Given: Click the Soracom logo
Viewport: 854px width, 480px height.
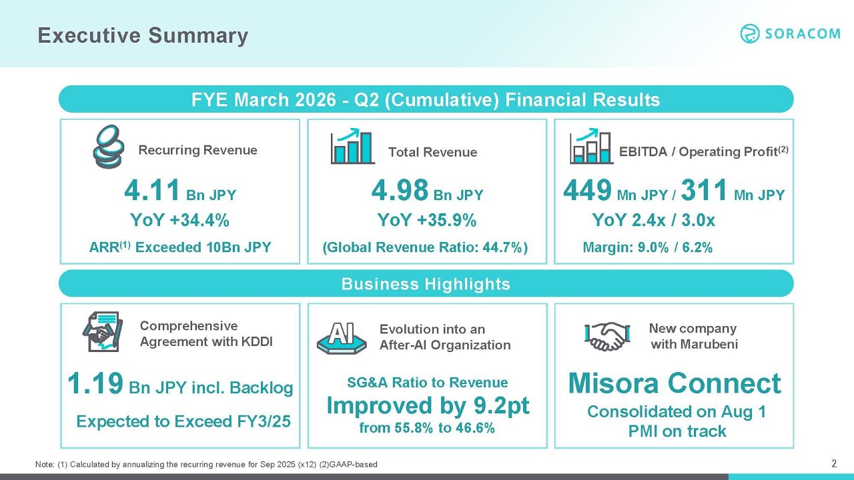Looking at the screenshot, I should (x=790, y=34).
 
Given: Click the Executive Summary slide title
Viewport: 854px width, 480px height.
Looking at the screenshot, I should (x=143, y=35).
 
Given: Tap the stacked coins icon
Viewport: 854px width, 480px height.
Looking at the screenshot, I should (x=107, y=148).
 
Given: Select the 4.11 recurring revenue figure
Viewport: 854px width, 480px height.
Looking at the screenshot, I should (x=152, y=191).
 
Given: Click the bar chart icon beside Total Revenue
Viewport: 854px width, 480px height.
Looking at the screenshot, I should (x=352, y=147).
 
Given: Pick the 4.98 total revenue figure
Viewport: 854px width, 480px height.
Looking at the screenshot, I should (x=399, y=191).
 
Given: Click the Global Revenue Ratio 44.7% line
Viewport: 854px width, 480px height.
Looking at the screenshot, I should (x=426, y=248).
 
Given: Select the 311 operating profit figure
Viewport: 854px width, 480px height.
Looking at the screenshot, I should (x=704, y=191).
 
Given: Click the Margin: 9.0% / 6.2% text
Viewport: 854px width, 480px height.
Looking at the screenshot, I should (x=648, y=248).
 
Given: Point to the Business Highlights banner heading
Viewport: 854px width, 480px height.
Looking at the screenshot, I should (x=426, y=284).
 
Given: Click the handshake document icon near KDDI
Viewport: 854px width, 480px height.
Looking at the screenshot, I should (x=102, y=331).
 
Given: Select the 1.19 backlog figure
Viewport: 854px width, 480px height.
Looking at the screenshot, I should (x=95, y=384).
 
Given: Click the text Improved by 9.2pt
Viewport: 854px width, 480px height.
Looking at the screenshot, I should (x=428, y=405).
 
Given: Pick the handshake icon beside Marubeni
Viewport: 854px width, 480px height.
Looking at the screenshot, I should (x=606, y=337).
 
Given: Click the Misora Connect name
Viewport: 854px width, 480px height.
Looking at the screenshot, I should (x=675, y=383).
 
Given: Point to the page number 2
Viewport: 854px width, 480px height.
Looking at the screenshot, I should (x=833, y=463).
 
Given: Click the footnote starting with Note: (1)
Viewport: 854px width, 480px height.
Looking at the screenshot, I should (x=206, y=464).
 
